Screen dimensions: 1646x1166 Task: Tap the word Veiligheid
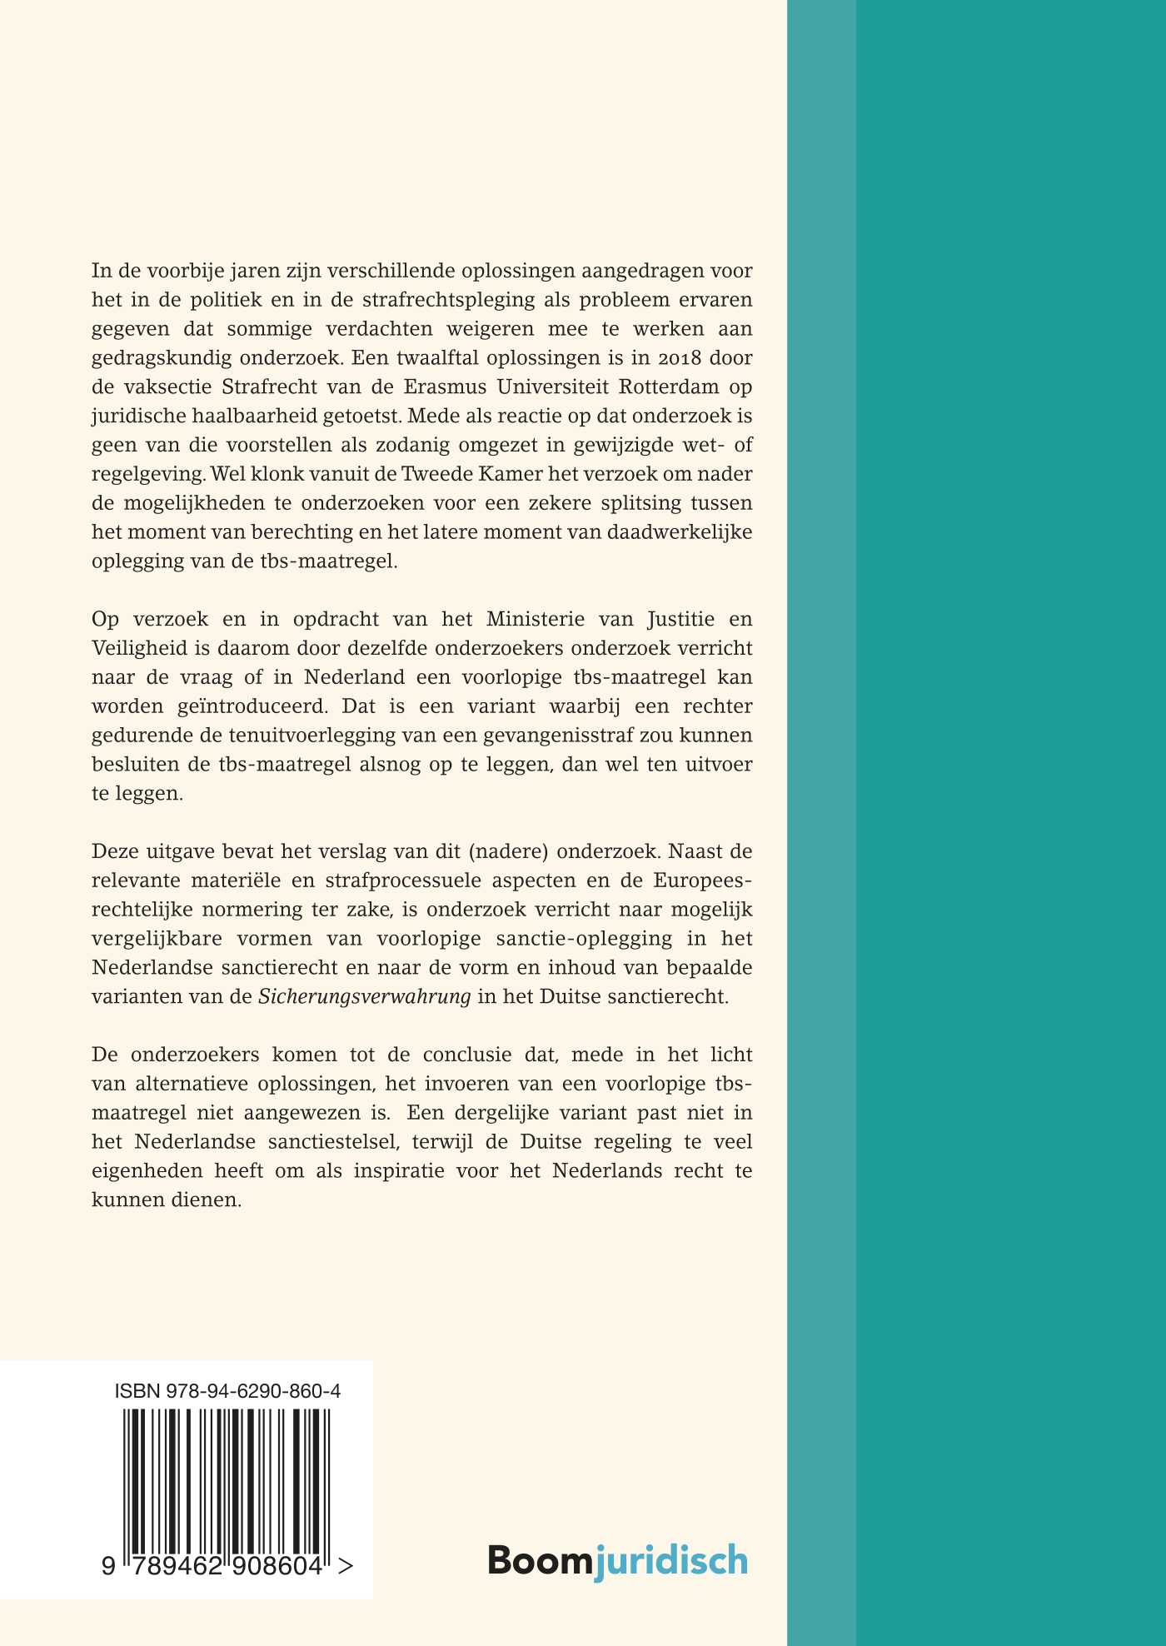(x=136, y=648)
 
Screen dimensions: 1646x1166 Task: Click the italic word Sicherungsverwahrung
(x=365, y=996)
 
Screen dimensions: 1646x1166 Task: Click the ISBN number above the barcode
(x=227, y=1391)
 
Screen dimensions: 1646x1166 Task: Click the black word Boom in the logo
(x=540, y=1559)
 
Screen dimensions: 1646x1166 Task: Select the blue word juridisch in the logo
(x=670, y=1559)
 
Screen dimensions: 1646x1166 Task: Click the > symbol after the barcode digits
(x=346, y=1567)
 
